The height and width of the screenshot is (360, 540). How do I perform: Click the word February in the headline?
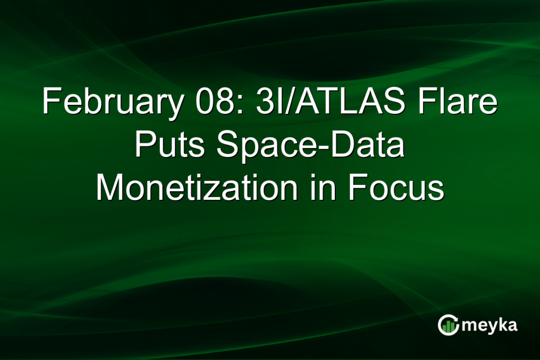pyautogui.click(x=113, y=102)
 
